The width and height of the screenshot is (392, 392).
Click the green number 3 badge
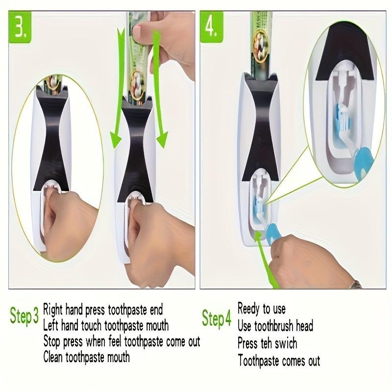(22, 28)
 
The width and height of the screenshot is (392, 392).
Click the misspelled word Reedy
(249, 309)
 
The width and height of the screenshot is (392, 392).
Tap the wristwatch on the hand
(356, 283)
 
